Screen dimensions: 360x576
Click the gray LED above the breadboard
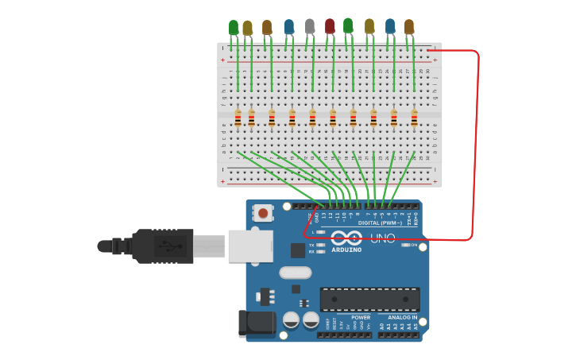pos(310,26)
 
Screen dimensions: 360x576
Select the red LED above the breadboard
pos(330,26)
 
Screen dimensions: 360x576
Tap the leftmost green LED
pos(234,28)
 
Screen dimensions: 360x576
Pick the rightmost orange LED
pos(409,27)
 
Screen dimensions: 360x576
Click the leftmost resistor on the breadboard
pos(238,118)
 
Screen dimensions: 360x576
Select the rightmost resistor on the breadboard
pos(414,118)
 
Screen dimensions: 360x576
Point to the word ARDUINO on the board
pos(346,250)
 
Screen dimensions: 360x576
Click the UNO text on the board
pos(382,238)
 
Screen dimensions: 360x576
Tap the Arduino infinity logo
pos(346,238)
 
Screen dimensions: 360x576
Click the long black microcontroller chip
pos(369,299)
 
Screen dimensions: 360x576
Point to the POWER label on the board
pos(360,317)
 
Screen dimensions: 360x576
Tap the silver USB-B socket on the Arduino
pos(250,246)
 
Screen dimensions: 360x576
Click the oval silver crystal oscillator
pos(296,272)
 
